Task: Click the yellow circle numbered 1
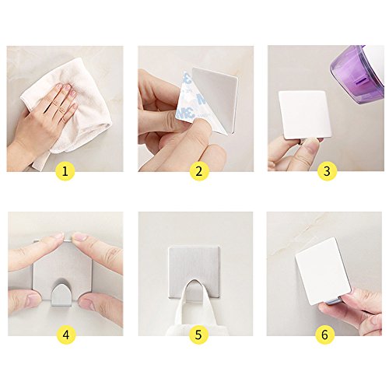(x=65, y=171)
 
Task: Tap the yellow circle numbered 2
(x=199, y=171)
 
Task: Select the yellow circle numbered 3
(x=328, y=171)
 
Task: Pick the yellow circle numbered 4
(x=66, y=335)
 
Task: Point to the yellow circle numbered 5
(x=198, y=335)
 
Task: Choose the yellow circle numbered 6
(x=325, y=335)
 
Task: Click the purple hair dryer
(x=359, y=75)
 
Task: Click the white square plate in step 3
(x=305, y=114)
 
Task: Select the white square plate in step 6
(x=324, y=271)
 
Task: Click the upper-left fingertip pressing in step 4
(x=58, y=236)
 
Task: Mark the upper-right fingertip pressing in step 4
(x=79, y=237)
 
